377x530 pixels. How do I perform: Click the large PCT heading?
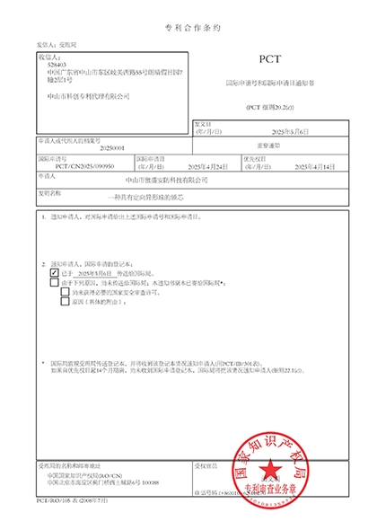(x=269, y=58)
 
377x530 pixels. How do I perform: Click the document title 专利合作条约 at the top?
(x=188, y=29)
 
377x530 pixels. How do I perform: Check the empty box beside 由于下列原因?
(x=55, y=282)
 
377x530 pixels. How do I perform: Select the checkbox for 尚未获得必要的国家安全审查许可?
(x=65, y=293)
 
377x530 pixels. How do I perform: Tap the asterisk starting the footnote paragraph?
(x=43, y=362)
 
